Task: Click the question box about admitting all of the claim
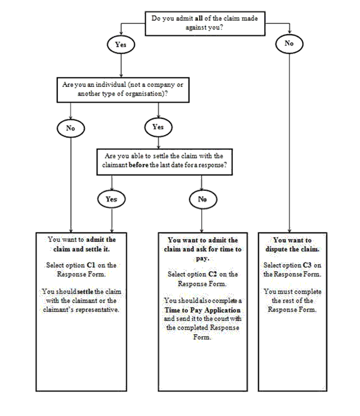point(205,23)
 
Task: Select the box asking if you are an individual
point(123,90)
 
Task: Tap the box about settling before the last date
point(165,162)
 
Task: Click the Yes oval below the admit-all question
point(121,45)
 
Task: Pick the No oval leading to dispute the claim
point(289,43)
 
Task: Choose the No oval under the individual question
point(71,129)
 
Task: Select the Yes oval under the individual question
point(158,127)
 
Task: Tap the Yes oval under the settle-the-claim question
point(112,199)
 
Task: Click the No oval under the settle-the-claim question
point(203,199)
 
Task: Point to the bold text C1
point(91,265)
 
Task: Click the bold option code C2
point(212,274)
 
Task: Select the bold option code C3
point(307,265)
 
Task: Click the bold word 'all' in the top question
point(199,18)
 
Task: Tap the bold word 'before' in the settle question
point(139,165)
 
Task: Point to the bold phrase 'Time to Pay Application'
point(202,310)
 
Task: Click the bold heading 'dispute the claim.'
point(293,249)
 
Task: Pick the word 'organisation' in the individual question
point(143,94)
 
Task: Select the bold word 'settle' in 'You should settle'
point(85,291)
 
